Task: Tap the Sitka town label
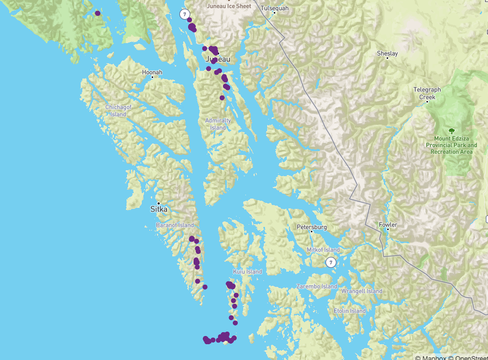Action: point(159,209)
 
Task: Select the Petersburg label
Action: point(311,227)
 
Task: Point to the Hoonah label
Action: point(152,72)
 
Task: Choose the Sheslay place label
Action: point(387,53)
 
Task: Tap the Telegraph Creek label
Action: point(427,93)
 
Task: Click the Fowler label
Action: point(388,225)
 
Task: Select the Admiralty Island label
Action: point(218,124)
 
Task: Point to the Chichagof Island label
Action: point(118,111)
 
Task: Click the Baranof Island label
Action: point(174,225)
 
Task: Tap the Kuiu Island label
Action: point(247,272)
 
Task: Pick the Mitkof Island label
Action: point(323,250)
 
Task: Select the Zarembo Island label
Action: point(317,286)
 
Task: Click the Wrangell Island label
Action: point(362,291)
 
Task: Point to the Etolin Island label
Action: point(350,311)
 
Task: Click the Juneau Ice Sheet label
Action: point(229,7)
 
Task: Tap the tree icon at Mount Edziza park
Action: point(451,131)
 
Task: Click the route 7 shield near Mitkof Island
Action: point(330,262)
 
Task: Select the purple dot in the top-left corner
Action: point(98,13)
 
